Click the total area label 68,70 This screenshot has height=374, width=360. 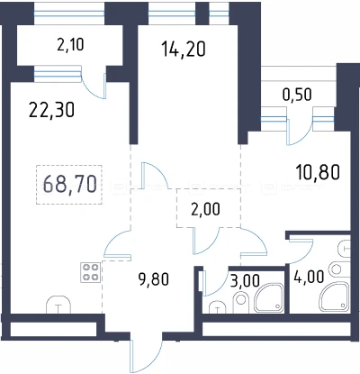pos(70,184)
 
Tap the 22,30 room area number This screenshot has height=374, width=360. pos(51,110)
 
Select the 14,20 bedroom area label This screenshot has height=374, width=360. pos(184,49)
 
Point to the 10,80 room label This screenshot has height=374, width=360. pos(318,172)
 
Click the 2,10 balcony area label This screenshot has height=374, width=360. pos(70,45)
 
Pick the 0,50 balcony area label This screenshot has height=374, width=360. pos(297,95)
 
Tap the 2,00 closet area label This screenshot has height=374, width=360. pos(205,209)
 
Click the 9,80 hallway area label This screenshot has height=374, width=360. pos(154,279)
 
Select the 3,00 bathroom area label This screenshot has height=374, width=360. pos(245,281)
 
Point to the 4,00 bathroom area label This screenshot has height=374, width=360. pos(310,277)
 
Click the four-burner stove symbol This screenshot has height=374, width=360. pos(90,272)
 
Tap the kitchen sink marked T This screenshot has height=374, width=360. pos(58,305)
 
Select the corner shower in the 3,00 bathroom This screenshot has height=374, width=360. pos(268,297)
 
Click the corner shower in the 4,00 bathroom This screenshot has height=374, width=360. pos(335,296)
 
